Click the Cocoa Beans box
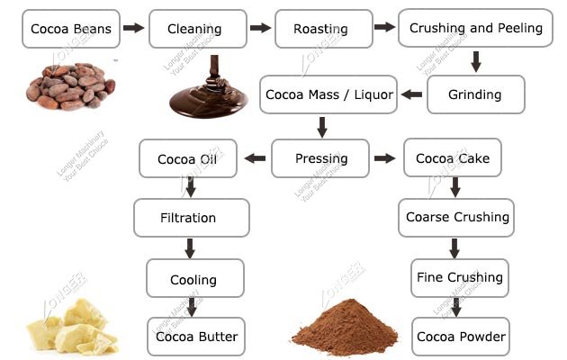[71, 29]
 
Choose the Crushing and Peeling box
[475, 29]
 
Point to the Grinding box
[476, 94]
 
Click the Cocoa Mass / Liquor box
[328, 94]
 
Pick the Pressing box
[320, 159]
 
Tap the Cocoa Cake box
[452, 159]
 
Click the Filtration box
[188, 217]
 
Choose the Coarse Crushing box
[457, 217]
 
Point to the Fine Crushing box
[459, 277]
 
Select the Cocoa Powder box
[461, 337]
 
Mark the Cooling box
[194, 279]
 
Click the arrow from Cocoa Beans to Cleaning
[133, 29]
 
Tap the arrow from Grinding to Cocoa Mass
[411, 94]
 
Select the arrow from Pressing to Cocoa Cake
[385, 159]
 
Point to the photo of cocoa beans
[70, 85]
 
